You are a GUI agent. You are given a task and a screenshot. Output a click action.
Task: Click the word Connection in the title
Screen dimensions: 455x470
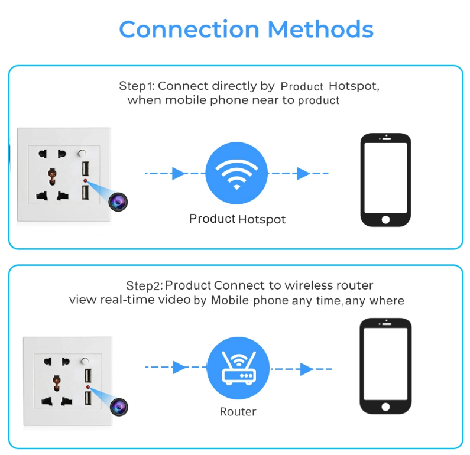click(x=189, y=30)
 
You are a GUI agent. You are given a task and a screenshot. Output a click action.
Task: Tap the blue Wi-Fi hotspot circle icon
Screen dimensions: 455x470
click(x=237, y=173)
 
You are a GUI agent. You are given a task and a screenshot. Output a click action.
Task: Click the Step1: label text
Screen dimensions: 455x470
click(x=137, y=86)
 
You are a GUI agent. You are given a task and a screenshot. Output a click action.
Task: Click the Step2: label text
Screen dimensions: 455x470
click(x=144, y=286)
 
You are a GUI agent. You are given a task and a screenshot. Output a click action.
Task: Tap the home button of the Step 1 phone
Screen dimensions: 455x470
click(x=385, y=219)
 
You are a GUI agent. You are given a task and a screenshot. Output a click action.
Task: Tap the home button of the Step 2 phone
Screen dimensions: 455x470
click(x=385, y=407)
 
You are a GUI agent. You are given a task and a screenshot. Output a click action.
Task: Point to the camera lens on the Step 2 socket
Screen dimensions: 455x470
click(x=119, y=406)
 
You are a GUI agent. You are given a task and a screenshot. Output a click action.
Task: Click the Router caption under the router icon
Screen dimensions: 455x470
click(x=238, y=412)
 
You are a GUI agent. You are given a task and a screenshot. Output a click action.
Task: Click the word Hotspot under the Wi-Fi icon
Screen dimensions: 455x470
click(x=261, y=219)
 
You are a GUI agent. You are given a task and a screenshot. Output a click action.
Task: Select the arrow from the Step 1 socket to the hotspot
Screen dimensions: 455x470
click(x=178, y=173)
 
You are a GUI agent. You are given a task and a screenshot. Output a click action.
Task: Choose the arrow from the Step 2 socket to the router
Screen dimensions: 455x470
click(x=178, y=367)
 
